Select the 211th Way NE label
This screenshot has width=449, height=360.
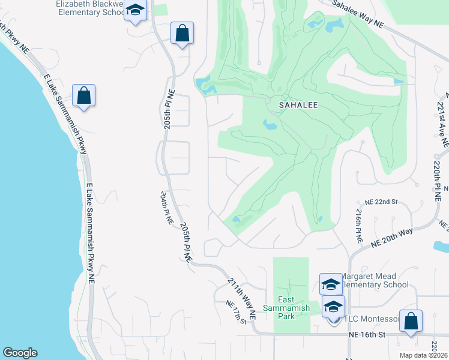242,298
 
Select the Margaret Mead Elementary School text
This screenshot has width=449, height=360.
375,280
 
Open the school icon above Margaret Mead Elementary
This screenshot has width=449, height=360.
331,284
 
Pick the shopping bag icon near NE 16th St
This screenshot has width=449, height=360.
411,320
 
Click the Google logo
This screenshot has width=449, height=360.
19,353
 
